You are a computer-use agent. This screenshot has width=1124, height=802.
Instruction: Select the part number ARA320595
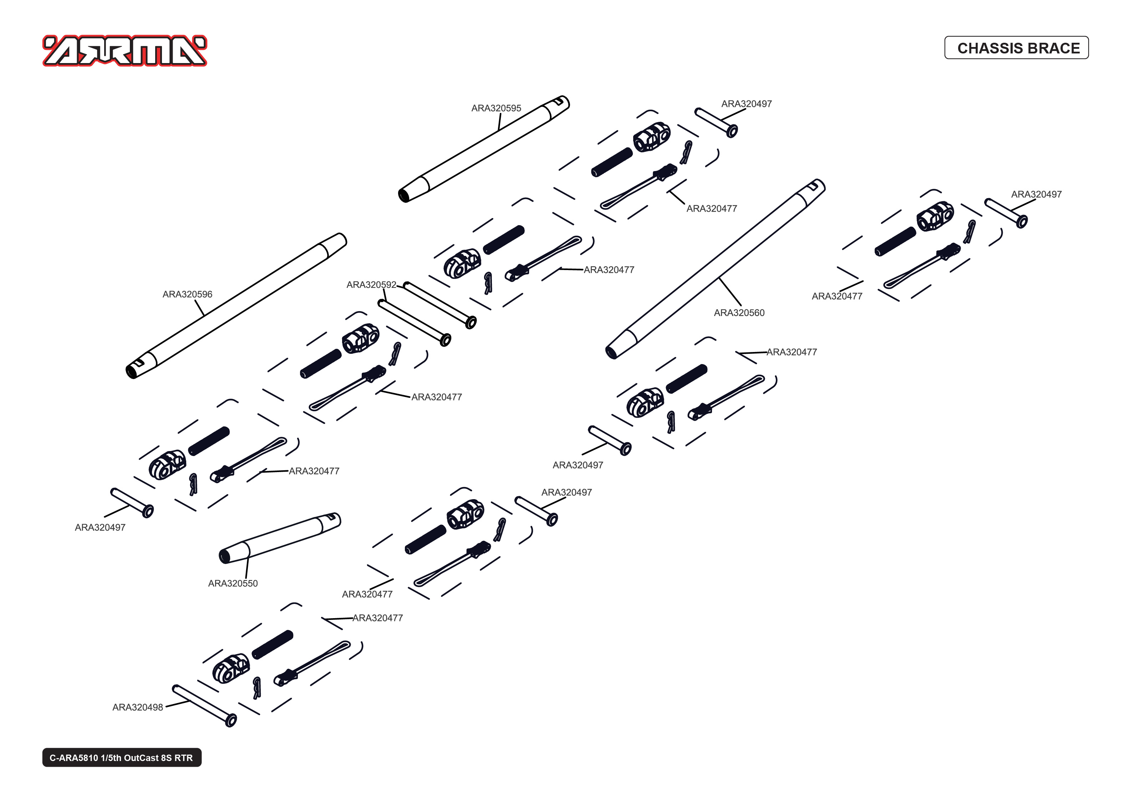tap(496, 108)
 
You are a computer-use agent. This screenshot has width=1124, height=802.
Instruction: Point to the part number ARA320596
tap(187, 294)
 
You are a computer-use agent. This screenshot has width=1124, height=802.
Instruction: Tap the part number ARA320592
tap(371, 285)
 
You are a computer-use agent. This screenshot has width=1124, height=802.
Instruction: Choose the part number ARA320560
tap(739, 312)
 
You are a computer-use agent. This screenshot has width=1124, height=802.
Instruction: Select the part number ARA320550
tap(233, 583)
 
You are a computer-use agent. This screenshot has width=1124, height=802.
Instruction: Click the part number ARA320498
tap(137, 707)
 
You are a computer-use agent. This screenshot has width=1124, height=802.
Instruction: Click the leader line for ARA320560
tap(730, 292)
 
